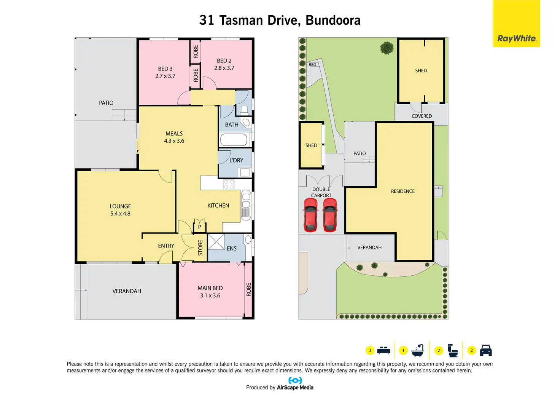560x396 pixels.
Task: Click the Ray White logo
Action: click(516, 38)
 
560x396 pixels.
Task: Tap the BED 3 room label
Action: click(165, 69)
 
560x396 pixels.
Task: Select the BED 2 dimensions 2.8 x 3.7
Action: click(224, 68)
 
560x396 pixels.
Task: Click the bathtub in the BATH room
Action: click(234, 140)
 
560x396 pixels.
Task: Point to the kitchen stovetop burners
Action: click(229, 184)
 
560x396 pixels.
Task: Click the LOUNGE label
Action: click(120, 206)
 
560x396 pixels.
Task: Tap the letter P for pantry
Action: click(199, 227)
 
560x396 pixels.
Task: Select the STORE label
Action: click(200, 247)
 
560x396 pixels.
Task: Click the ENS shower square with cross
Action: click(216, 241)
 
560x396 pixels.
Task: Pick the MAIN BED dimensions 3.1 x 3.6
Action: click(210, 295)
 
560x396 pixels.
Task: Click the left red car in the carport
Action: click(310, 214)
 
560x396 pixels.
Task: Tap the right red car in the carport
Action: click(330, 214)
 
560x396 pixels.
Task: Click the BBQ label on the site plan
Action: click(312, 65)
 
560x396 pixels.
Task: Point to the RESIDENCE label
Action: click(402, 191)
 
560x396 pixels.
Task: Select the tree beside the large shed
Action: click(387, 48)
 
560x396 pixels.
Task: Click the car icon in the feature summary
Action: click(486, 350)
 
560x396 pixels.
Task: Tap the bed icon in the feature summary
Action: click(383, 350)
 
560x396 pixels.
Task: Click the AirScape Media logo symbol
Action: click(295, 380)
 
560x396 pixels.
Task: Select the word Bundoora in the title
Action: click(333, 20)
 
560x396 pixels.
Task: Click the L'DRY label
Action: click(236, 160)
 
